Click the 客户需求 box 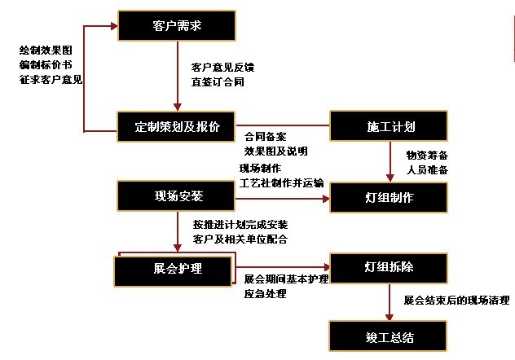click(177, 25)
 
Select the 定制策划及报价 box click(176, 127)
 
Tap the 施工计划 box click(389, 126)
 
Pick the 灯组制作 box click(389, 198)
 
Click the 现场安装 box click(176, 196)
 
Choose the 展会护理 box click(173, 271)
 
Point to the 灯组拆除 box click(389, 268)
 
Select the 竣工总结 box click(388, 336)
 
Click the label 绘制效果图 click(46, 50)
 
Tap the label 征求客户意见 click(51, 80)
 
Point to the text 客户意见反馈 click(222, 68)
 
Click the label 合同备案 click(265, 137)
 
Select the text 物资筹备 click(427, 155)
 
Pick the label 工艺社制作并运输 click(281, 182)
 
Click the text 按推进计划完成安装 click(240, 225)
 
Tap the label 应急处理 click(265, 293)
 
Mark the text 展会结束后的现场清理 click(457, 300)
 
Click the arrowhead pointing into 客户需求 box click(114, 26)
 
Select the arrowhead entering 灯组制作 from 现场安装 click(326, 199)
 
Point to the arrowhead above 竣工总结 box click(390, 317)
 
